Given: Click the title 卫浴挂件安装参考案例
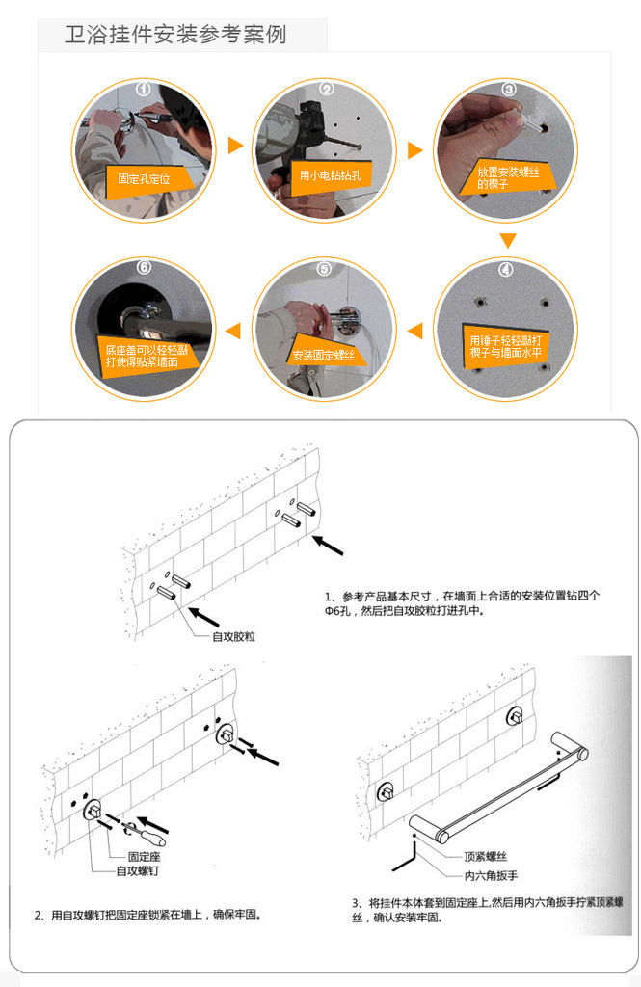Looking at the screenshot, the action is tap(175, 34).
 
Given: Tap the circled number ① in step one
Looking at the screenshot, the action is tap(144, 90).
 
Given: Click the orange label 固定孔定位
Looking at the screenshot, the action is tap(145, 178).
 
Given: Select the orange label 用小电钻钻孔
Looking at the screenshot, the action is tap(331, 175).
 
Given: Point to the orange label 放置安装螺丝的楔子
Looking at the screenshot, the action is tap(508, 178).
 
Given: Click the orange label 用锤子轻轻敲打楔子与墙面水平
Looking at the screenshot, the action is tap(506, 347).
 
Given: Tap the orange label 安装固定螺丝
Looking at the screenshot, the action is tap(323, 355).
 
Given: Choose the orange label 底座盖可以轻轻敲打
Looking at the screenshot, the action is tap(147, 357).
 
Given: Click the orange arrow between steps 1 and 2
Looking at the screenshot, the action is tap(235, 146).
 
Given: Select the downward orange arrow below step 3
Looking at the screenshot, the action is tap(508, 240).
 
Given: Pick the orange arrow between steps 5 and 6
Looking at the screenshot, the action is tap(233, 330).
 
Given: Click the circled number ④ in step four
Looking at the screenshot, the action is tap(506, 270).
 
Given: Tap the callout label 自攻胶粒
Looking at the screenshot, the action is tap(233, 636).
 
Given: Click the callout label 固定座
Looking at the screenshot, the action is tap(145, 856).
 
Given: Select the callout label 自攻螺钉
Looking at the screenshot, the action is tap(138, 870).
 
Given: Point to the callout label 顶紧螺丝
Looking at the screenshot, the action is tap(486, 856).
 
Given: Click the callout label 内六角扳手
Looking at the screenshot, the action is tap(492, 875).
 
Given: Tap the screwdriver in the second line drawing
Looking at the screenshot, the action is tap(147, 833).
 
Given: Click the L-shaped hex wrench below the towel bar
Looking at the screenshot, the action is tap(405, 855).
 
